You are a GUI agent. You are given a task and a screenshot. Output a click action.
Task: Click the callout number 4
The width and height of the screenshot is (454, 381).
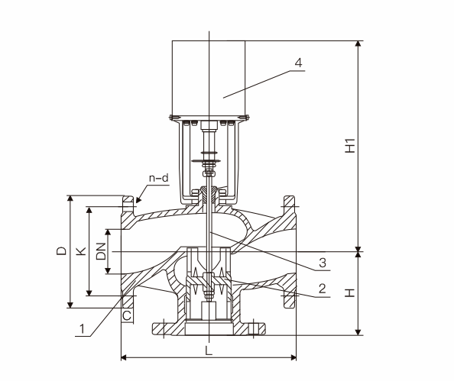pos(299,63)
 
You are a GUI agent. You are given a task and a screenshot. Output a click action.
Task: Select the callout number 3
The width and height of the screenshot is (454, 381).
pos(323,263)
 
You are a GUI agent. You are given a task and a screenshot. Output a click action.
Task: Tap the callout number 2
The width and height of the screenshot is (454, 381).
pos(323,289)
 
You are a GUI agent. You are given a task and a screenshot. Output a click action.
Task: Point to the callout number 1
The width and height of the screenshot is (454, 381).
pos(83,329)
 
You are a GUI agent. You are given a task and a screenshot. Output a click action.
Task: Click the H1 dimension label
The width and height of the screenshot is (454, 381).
pos(350,146)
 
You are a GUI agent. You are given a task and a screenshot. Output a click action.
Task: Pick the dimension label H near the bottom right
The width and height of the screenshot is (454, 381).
pos(350,292)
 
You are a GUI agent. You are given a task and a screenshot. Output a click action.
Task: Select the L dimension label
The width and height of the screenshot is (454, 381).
pos(209,350)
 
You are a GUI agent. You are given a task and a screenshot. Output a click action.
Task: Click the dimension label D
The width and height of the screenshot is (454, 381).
pos(61,250)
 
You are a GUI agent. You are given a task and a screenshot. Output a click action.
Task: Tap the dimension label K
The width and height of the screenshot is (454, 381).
pos(81,250)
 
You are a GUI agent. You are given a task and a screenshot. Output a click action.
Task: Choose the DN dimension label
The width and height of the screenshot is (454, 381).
pos(101,251)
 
